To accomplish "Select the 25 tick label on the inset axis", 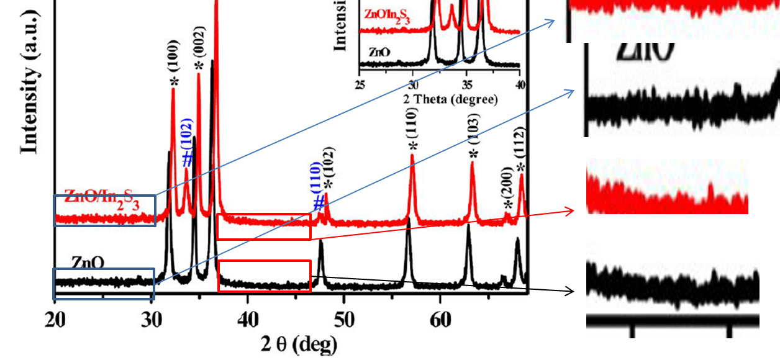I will tap(360, 85).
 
